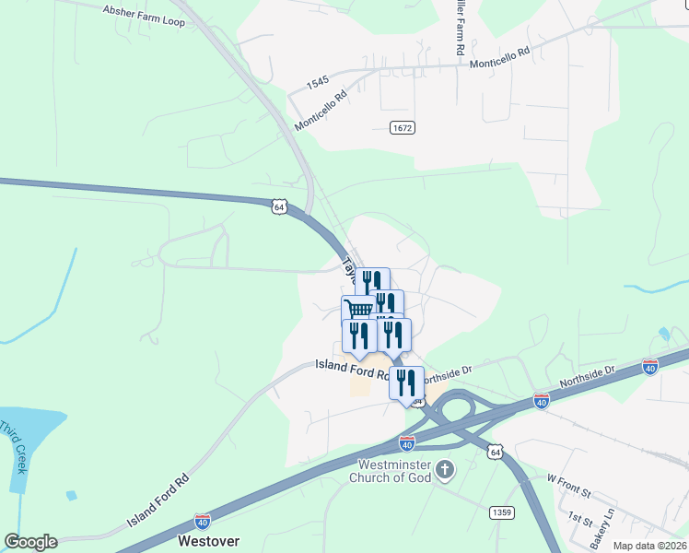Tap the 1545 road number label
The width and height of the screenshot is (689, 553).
[x=318, y=82]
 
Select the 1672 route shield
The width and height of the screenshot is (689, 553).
[x=401, y=127]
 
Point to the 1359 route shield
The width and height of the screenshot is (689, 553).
[x=502, y=511]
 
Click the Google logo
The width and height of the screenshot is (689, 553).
[x=30, y=541]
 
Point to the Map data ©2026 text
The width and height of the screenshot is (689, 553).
[x=649, y=546]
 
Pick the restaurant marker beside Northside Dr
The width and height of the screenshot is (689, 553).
[x=406, y=382]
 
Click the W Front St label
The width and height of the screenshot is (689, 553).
[x=567, y=479]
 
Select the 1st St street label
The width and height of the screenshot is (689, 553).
[x=579, y=518]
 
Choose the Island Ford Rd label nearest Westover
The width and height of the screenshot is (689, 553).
[x=158, y=500]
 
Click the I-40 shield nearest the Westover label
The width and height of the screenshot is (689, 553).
[x=203, y=521]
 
